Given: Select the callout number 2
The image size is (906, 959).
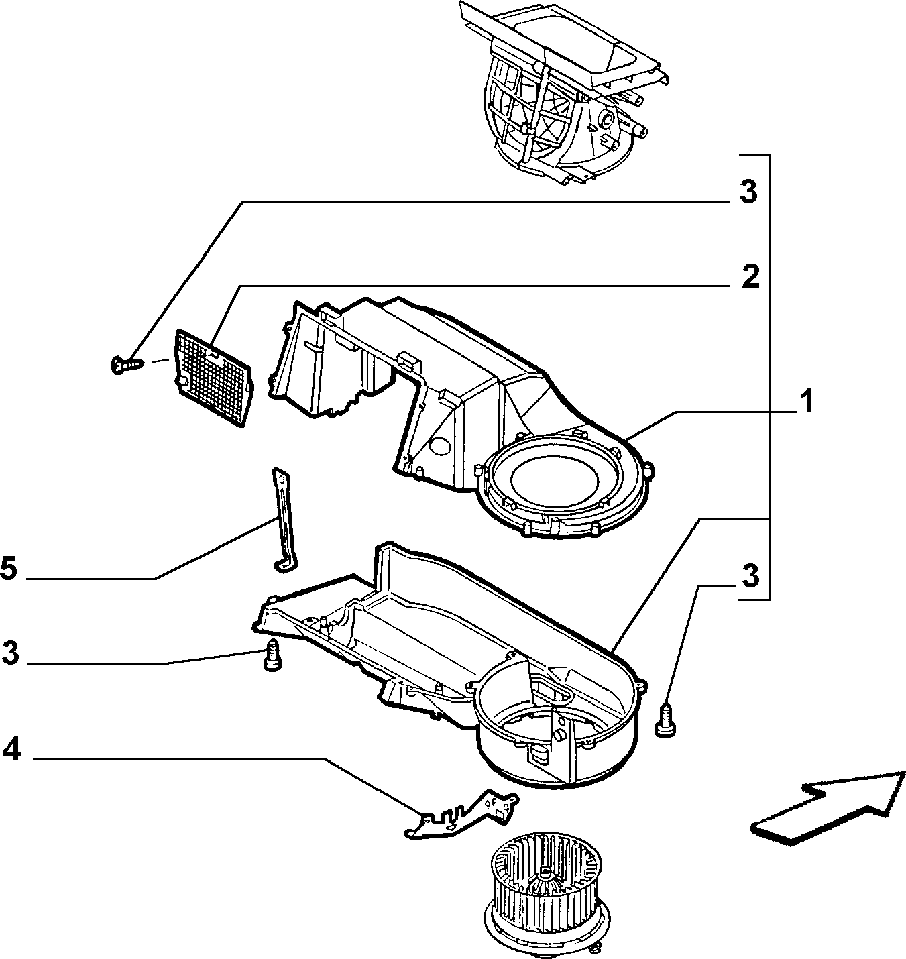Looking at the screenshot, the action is [x=750, y=277].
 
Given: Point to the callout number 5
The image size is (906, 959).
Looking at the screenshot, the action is [x=9, y=568].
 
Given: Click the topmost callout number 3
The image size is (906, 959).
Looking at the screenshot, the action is [x=748, y=192].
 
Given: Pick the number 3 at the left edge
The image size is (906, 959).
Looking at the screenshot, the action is [x=10, y=653].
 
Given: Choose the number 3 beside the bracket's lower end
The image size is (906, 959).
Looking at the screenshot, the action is [x=750, y=576].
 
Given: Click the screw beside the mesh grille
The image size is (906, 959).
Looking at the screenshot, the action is [x=127, y=363].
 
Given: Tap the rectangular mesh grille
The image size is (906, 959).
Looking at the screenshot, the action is [x=213, y=378].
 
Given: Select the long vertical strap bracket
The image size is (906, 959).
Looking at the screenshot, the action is [x=284, y=520].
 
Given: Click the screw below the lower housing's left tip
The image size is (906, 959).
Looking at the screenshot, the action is [x=272, y=655].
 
